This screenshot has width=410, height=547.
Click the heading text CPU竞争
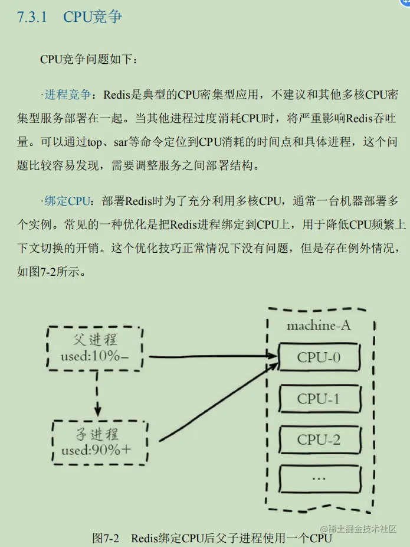click(93, 17)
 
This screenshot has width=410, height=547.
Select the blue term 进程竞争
click(67, 95)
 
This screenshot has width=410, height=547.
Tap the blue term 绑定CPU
click(67, 201)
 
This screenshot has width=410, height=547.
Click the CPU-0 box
click(319, 357)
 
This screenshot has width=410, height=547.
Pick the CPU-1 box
click(319, 399)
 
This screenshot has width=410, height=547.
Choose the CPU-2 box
click(319, 439)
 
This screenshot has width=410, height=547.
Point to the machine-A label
click(319, 325)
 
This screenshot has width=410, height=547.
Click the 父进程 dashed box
click(94, 348)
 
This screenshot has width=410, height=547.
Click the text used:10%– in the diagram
click(94, 357)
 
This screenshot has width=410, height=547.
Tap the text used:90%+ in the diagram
click(97, 452)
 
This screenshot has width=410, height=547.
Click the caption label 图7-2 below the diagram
click(106, 538)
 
